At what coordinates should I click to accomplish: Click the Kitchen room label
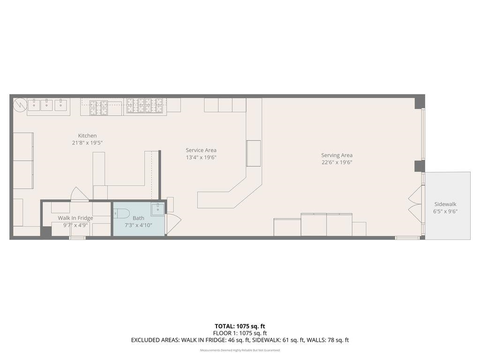[87, 135]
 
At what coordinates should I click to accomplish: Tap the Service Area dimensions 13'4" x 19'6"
[201, 157]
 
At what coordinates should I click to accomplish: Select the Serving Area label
[337, 155]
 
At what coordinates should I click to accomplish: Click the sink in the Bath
[157, 209]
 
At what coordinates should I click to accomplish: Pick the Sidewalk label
[445, 204]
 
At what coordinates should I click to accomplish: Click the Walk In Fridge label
[75, 218]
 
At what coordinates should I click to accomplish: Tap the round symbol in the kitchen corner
[20, 105]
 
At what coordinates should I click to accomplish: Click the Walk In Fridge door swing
[79, 194]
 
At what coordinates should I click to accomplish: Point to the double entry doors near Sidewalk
[415, 204]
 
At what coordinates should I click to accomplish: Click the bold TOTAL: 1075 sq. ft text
[240, 326]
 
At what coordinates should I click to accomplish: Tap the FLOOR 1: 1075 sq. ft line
[240, 333]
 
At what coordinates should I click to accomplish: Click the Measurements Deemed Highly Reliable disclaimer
[240, 350]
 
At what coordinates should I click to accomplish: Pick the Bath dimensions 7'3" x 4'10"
[138, 225]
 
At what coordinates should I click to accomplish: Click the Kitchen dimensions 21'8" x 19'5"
[87, 142]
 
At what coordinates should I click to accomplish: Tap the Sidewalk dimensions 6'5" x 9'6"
[445, 211]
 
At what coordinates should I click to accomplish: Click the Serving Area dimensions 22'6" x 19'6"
[337, 162]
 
